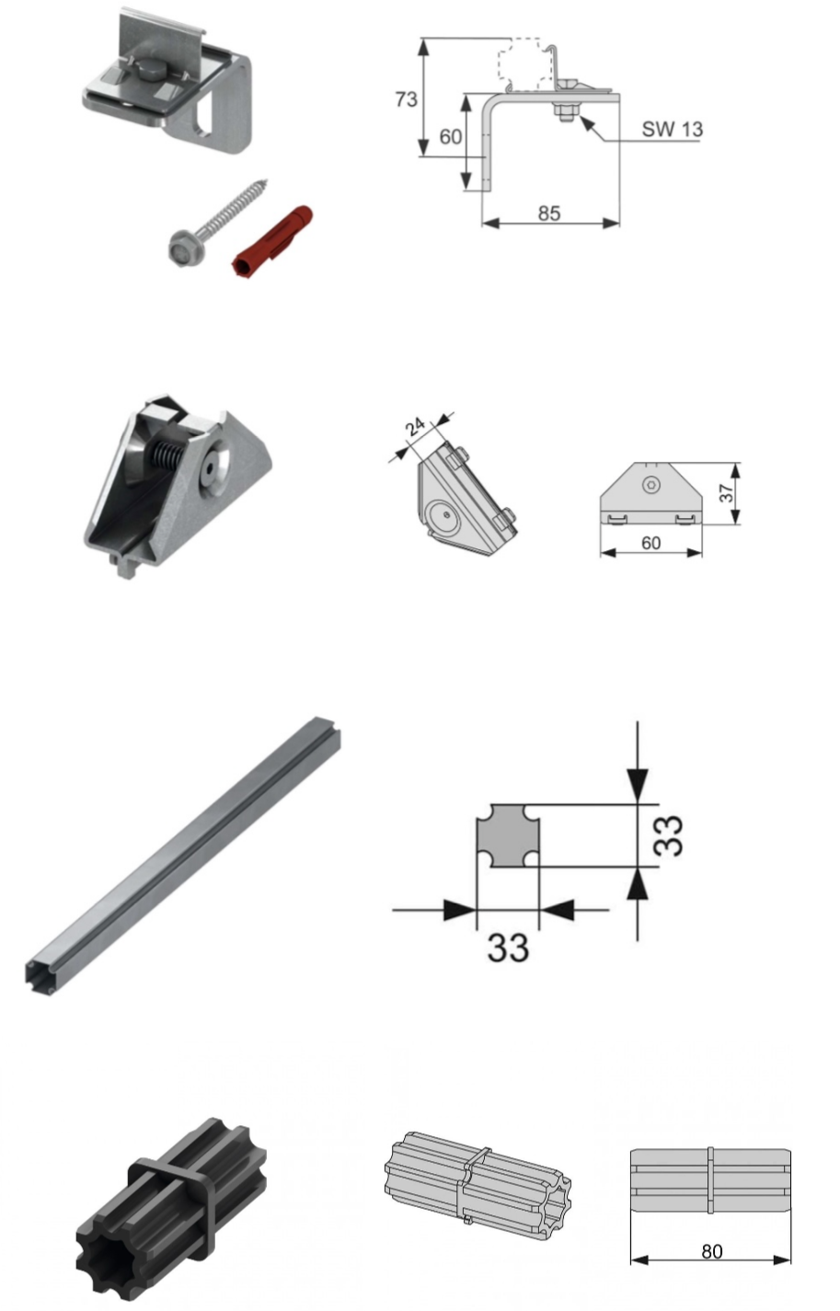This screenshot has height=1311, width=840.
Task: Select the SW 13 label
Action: [672, 130]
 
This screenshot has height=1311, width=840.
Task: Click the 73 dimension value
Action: [407, 99]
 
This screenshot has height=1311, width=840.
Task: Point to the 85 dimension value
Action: [549, 213]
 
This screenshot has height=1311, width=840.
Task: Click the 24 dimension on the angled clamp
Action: [415, 427]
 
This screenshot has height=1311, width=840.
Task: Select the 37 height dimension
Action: [727, 493]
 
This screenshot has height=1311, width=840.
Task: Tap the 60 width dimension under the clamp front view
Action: [650, 543]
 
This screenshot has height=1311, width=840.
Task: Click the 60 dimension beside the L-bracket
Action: [451, 137]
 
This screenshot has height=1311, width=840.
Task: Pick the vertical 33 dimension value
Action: [669, 835]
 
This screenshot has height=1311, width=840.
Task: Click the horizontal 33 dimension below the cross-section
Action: [508, 948]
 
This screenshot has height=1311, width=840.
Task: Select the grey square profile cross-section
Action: [508, 835]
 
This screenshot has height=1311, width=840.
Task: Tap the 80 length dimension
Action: [712, 1251]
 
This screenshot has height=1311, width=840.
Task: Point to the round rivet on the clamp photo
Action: [211, 466]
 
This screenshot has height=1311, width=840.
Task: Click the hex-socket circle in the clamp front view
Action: [650, 484]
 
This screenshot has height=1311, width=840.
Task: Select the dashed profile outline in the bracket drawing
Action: [526, 65]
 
